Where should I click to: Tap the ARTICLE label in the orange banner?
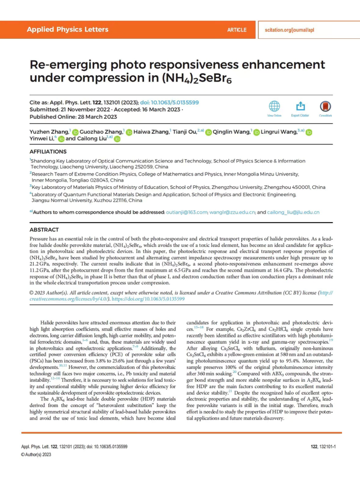(x=236, y=29)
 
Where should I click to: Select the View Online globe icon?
(x=274, y=106)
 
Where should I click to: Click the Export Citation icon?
(x=300, y=106)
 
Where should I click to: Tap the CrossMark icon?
(x=326, y=106)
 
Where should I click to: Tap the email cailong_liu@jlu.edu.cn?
(x=293, y=212)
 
